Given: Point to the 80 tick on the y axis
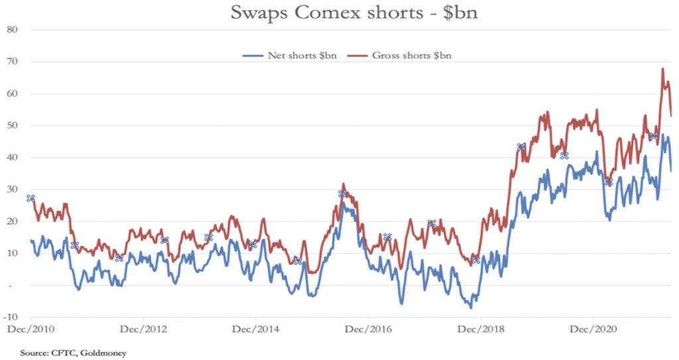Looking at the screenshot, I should (11, 30).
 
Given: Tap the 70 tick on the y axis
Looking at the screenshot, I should (11, 62).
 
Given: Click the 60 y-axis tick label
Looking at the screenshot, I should (11, 93).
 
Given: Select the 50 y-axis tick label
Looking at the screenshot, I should (11, 126).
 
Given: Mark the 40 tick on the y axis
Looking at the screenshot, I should (11, 158).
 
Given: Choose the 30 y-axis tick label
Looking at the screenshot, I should (11, 190).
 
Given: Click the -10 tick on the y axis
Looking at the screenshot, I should (11, 317).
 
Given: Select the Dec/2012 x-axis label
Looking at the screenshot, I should (141, 329).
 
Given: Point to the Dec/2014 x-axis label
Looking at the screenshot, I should (253, 329).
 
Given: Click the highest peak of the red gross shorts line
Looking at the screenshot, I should (662, 68).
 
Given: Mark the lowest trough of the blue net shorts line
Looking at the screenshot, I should (471, 308).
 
